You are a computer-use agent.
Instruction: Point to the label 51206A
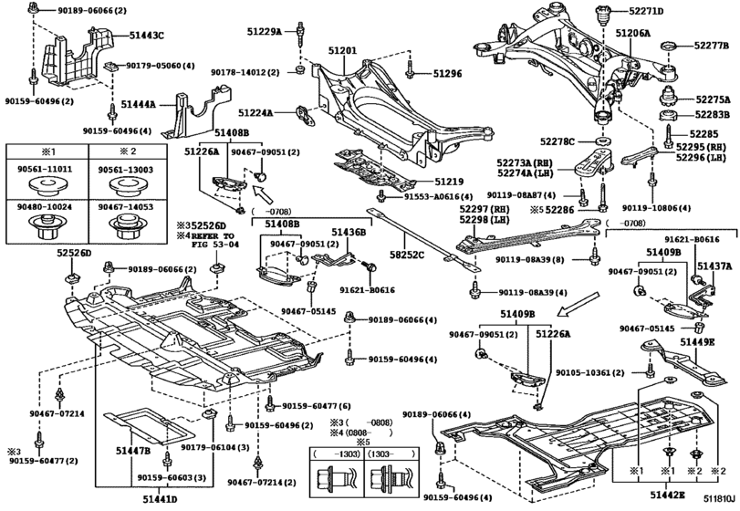pos(632,32)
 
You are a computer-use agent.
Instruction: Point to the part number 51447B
pos(133,451)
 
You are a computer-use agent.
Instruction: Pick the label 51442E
pos(669,495)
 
